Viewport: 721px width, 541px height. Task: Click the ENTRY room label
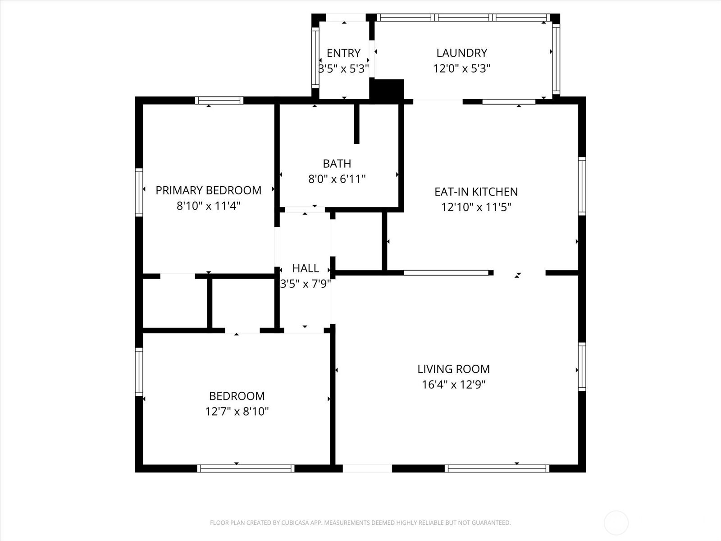click(343, 53)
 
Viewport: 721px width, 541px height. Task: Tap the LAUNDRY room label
click(461, 53)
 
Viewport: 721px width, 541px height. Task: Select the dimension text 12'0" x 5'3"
click(461, 69)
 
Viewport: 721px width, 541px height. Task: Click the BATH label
click(337, 163)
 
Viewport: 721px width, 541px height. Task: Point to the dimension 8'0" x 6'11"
click(337, 179)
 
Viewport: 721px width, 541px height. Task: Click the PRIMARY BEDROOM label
click(208, 190)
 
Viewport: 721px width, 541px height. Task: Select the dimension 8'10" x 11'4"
click(208, 206)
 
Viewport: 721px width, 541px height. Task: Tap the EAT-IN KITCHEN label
click(476, 192)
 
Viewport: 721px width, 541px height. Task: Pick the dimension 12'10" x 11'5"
click(476, 207)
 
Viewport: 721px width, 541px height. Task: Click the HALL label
click(306, 268)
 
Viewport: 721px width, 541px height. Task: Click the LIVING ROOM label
click(453, 369)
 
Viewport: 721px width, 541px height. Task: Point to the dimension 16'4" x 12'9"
click(453, 384)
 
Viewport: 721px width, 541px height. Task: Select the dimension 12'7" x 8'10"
click(237, 411)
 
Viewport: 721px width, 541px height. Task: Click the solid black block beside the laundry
click(387, 89)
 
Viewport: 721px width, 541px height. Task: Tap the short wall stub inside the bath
click(357, 124)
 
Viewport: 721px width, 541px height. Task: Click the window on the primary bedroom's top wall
click(219, 100)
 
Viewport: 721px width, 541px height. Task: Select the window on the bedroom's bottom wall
click(246, 468)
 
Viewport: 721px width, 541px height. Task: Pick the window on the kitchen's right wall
click(582, 186)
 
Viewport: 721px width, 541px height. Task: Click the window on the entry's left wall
click(315, 58)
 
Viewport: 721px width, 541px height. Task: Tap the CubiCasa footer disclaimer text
click(360, 523)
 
